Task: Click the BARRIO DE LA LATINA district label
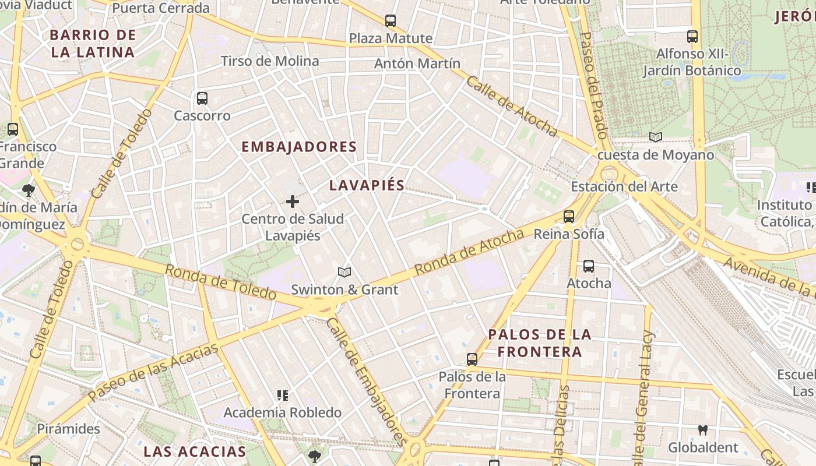pos(93,44)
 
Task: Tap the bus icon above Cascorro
pos(202,98)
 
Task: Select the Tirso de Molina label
pos(270,61)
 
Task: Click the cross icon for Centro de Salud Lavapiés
pos(293,202)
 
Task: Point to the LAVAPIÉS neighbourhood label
pos(367,185)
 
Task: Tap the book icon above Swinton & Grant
pos(344,272)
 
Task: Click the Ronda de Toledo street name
pos(220,282)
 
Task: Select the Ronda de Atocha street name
pos(469,253)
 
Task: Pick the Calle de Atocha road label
pos(511,106)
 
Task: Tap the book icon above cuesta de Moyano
pos(656,137)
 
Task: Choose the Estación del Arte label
pos(624,187)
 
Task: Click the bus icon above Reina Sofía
pos(569,216)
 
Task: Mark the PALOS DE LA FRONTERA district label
pos(540,343)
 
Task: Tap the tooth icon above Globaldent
pos(703,430)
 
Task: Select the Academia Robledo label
pos(283,413)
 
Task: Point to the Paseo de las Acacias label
pos(153,373)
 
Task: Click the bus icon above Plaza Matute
pos(391,21)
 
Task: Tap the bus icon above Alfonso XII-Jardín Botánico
pos(692,36)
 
